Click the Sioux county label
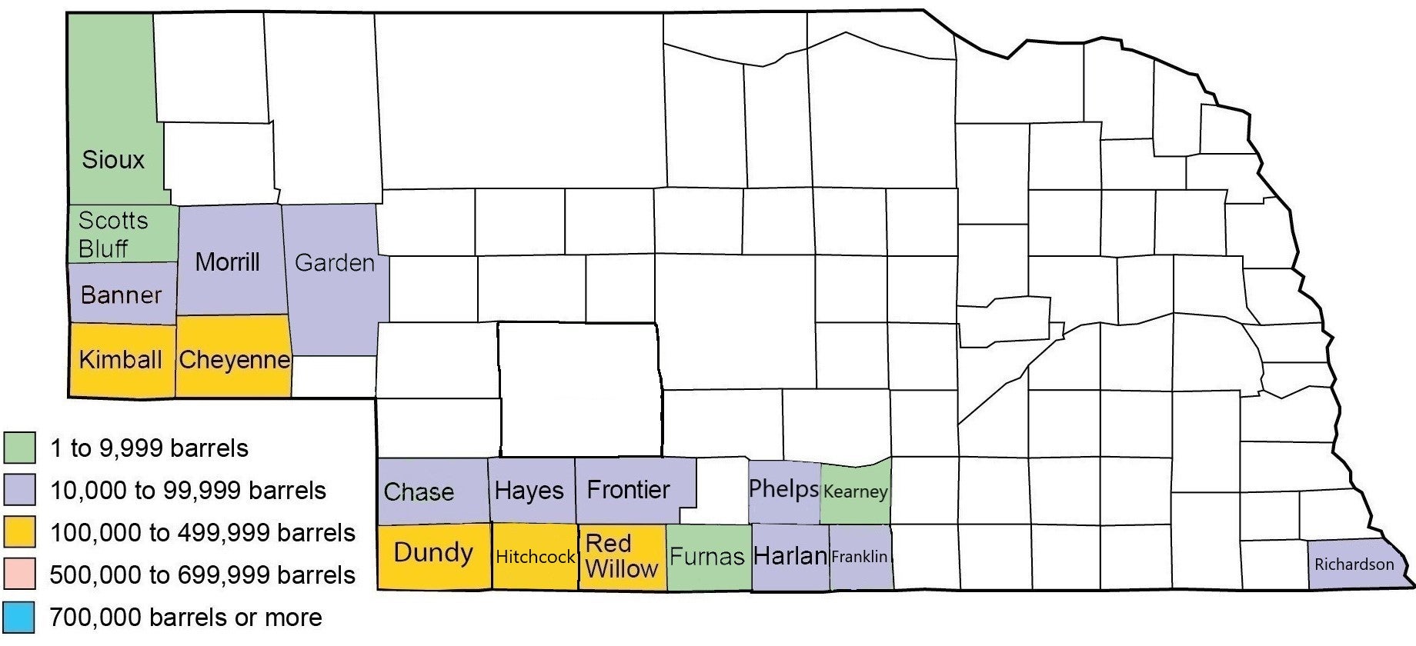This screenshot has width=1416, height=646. (x=113, y=160)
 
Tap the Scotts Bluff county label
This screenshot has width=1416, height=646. (x=112, y=235)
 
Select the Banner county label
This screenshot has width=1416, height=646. (x=121, y=295)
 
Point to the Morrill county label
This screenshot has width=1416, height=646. (x=227, y=261)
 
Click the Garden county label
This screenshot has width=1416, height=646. (x=335, y=263)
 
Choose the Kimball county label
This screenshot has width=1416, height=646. (x=121, y=359)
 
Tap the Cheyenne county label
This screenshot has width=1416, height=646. (x=234, y=359)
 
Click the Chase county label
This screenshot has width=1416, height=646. (x=419, y=491)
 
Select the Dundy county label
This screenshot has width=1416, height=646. (x=433, y=552)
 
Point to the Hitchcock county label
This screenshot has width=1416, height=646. (x=535, y=557)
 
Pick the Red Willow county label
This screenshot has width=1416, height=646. (x=621, y=556)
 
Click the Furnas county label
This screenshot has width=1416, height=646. (x=707, y=556)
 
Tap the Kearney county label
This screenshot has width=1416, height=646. (x=855, y=491)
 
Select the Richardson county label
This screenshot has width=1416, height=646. (x=1354, y=564)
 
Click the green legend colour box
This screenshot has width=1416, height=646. (x=19, y=448)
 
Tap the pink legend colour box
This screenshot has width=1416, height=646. (x=19, y=574)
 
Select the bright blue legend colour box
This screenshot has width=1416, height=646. (x=19, y=617)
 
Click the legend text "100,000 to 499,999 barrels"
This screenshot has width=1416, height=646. (x=202, y=533)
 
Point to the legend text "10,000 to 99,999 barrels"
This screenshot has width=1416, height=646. (x=188, y=491)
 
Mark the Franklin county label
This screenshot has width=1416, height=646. (x=860, y=556)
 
